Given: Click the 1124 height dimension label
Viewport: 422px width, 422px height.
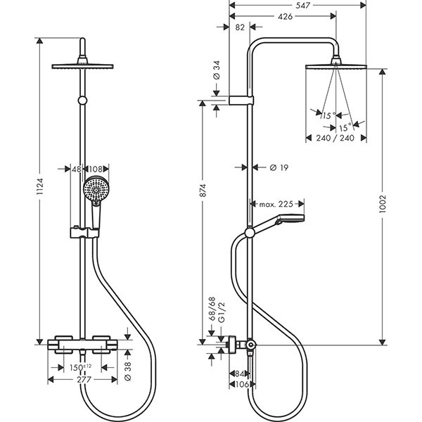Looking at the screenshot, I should click(x=40, y=186).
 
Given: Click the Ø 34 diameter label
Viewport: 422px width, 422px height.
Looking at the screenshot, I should click(x=217, y=71).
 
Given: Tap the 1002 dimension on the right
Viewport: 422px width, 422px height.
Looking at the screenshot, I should click(x=382, y=200).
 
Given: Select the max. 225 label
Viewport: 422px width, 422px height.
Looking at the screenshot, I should click(x=276, y=204).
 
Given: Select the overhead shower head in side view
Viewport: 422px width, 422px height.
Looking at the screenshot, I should click(x=337, y=66).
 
